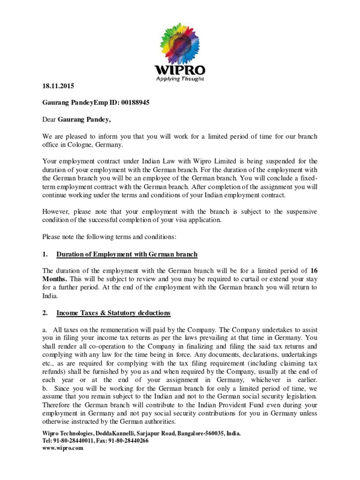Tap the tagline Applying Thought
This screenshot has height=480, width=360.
coord(180,79)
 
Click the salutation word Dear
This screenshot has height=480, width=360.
coord(49,120)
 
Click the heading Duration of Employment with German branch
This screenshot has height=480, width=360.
coord(127,254)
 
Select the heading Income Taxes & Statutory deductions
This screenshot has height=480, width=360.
coord(113,312)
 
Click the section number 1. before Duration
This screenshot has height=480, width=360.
coord(45,254)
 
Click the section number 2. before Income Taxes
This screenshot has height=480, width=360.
coord(45,312)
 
